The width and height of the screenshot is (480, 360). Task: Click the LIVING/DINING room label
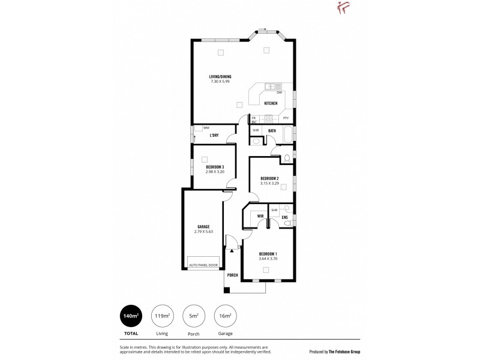coord(220,76)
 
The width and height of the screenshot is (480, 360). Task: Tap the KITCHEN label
coord(270,103)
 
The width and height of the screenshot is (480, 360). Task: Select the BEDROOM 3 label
coord(214,167)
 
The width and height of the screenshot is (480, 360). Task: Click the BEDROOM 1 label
coord(268,254)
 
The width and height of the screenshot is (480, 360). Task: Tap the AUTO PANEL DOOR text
coord(203,265)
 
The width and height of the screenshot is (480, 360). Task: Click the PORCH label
coord(232,275)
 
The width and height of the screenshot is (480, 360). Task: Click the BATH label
coord(272,130)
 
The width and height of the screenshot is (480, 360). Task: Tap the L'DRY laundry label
coord(214,136)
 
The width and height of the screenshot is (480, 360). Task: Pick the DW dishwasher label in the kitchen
coord(279,92)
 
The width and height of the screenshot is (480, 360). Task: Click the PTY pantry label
coord(286,118)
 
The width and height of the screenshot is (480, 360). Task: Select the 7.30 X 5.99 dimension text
coord(220,81)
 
